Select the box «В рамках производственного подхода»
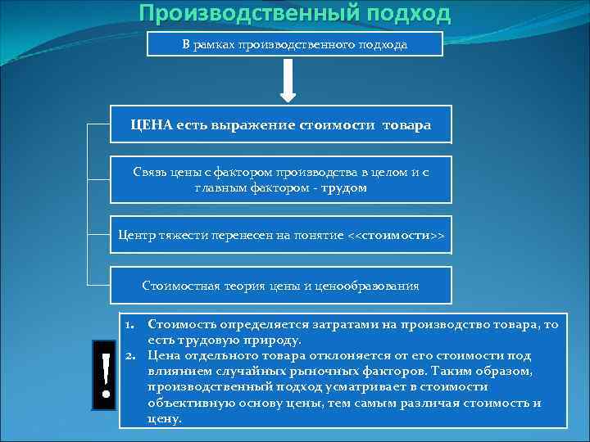(294, 44)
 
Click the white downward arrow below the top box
(288, 82)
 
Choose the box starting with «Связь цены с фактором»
(281, 179)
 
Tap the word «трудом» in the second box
(344, 187)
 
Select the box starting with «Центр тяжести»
(281, 236)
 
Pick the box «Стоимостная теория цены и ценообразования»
(281, 286)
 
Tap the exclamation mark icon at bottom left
(106, 374)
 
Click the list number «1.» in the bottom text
(130, 324)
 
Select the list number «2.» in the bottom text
(130, 355)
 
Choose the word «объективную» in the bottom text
(184, 403)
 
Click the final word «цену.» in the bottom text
(164, 418)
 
